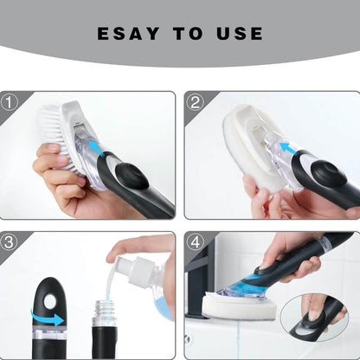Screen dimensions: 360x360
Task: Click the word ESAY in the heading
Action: [126, 34]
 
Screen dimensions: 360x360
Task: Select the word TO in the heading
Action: [185, 34]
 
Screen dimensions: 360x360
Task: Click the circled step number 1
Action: [10, 100]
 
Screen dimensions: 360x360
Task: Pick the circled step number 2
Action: [195, 100]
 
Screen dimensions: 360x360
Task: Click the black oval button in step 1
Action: [132, 170]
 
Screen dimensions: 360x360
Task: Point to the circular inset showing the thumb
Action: [315, 316]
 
